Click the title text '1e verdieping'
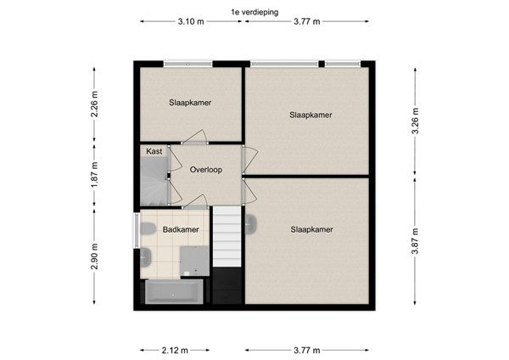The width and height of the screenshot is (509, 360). pyautogui.click(x=254, y=12)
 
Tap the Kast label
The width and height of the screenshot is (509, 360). pyautogui.click(x=154, y=151)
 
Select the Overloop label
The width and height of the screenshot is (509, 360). pyautogui.click(x=205, y=170)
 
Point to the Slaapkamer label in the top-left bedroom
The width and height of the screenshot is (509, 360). pyautogui.click(x=190, y=102)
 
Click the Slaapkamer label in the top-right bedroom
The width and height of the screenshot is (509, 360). pyautogui.click(x=310, y=114)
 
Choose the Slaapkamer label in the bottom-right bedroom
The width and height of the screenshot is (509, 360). pyautogui.click(x=311, y=228)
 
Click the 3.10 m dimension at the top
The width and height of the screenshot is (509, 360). pyautogui.click(x=191, y=23)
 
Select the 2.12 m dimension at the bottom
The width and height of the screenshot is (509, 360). pyautogui.click(x=174, y=349)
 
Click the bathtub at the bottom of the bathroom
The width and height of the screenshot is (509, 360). pyautogui.click(x=175, y=294)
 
